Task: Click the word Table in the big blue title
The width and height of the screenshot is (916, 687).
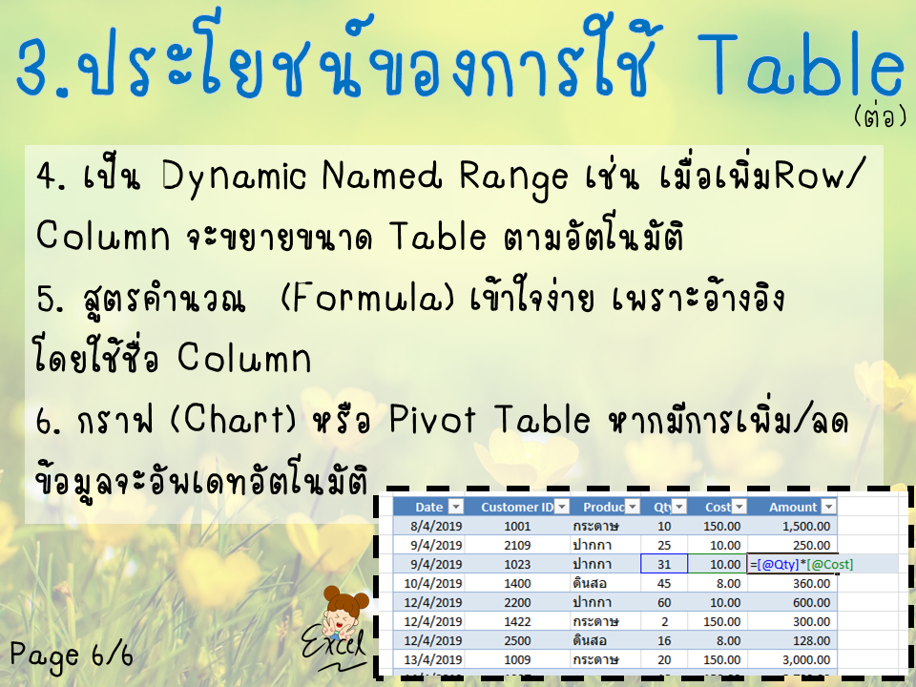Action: [x=801, y=63]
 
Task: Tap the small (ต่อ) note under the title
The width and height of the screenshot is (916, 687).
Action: [x=881, y=116]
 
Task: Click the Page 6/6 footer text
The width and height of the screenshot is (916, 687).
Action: [x=72, y=655]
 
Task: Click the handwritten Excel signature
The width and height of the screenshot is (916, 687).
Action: [x=334, y=649]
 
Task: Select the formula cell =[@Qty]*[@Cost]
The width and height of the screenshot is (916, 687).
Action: [x=801, y=564]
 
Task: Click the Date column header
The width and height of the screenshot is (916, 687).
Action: [x=428, y=507]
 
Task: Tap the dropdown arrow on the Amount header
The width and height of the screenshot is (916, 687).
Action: [x=828, y=507]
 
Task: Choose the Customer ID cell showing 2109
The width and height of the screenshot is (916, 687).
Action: [x=517, y=545]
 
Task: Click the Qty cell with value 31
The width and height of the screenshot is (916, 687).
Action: [x=664, y=564]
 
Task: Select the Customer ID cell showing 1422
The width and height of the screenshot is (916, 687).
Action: [x=517, y=621]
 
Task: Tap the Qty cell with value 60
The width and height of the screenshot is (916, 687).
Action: [x=664, y=602]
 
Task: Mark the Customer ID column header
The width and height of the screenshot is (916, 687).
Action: [x=517, y=507]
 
